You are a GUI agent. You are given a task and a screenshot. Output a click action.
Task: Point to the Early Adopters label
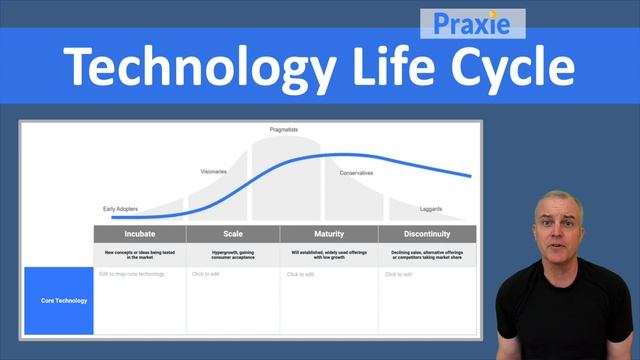(x=120, y=209)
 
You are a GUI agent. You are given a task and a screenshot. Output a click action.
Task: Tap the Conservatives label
(x=356, y=173)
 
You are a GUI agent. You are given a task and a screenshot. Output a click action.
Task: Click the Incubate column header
(x=139, y=234)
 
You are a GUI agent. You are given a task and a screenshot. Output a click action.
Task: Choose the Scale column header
(x=232, y=234)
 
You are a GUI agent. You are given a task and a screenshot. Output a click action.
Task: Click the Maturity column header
(x=328, y=234)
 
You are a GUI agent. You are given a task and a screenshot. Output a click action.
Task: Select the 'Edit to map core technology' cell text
(x=131, y=274)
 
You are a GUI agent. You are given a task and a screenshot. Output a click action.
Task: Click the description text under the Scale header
(x=232, y=254)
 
